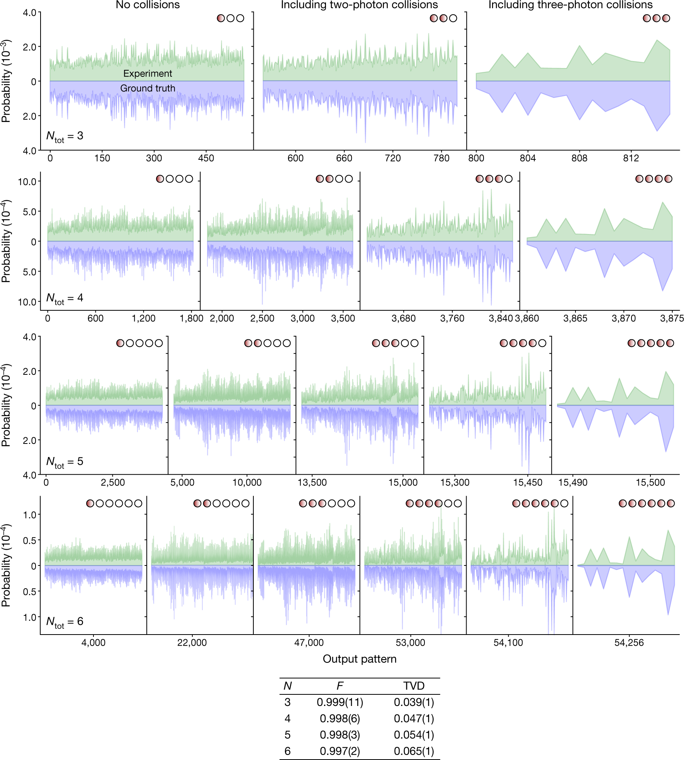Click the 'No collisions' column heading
click(x=148, y=5)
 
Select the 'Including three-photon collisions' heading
click(x=570, y=5)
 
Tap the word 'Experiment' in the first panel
click(x=148, y=73)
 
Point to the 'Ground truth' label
click(x=148, y=88)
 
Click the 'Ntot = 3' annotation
click(x=64, y=136)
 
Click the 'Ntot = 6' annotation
click(x=64, y=621)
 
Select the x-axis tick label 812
click(x=631, y=158)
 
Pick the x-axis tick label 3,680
click(x=403, y=318)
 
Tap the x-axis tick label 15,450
click(x=528, y=482)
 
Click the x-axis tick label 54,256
click(x=629, y=643)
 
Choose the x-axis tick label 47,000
click(x=309, y=643)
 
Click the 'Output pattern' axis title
click(x=359, y=659)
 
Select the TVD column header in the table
click(x=414, y=686)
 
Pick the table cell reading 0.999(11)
click(x=340, y=702)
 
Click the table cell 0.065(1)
click(x=414, y=751)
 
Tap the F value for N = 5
click(x=340, y=735)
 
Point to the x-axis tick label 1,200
click(x=143, y=318)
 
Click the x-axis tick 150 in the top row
click(x=102, y=158)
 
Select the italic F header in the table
click(x=340, y=686)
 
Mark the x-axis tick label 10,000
click(x=247, y=482)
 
